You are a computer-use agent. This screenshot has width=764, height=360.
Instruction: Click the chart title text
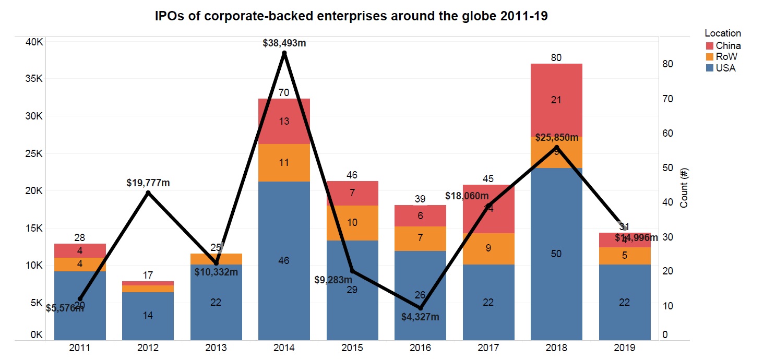tap(351, 16)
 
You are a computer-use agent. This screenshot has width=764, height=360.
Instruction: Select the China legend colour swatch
tap(709, 46)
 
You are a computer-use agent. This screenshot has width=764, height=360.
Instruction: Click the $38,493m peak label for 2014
tap(284, 43)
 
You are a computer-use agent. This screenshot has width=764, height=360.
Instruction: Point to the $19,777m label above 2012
tap(148, 183)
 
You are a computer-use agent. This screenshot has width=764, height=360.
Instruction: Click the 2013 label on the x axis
tap(216, 348)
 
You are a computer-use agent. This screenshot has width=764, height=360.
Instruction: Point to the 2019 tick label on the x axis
tap(625, 348)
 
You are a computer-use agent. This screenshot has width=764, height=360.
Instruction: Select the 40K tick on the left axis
tap(35, 42)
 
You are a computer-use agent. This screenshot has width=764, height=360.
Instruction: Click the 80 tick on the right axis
tap(667, 64)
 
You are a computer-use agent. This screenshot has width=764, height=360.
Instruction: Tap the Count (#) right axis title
tap(684, 188)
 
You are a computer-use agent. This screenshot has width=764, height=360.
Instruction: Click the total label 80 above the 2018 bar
tap(556, 57)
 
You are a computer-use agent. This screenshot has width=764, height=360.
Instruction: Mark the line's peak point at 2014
tap(284, 53)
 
